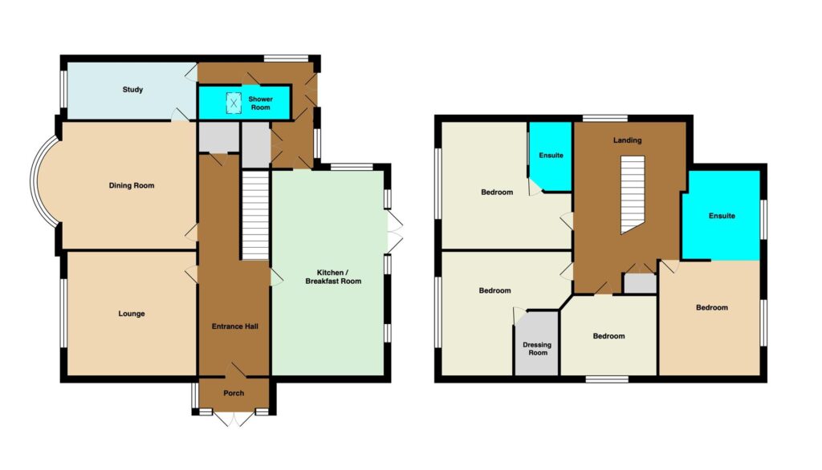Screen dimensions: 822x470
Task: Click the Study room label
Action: pos(132,90)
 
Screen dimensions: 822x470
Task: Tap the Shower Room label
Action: pos(261,103)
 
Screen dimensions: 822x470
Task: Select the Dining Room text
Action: pos(132,185)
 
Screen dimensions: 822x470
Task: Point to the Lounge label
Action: pos(132,314)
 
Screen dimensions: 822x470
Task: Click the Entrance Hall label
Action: pos(235,326)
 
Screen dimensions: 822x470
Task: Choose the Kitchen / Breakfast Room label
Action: pos(333,277)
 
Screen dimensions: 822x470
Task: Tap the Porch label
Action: pos(234,393)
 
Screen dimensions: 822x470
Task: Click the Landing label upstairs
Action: pos(628,140)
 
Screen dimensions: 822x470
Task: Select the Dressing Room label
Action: pos(537,348)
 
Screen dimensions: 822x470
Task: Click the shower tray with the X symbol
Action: pos(234,103)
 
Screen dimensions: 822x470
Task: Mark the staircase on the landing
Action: pos(633,194)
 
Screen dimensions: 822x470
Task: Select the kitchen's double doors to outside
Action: pos(395,231)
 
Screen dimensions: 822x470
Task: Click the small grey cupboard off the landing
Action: pos(640,283)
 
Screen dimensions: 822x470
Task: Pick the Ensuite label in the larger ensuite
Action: pos(722,216)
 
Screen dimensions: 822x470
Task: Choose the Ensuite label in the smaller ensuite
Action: pos(551,155)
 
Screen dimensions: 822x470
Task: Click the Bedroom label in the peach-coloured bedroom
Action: pos(712,307)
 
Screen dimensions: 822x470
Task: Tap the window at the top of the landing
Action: pos(605,119)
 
